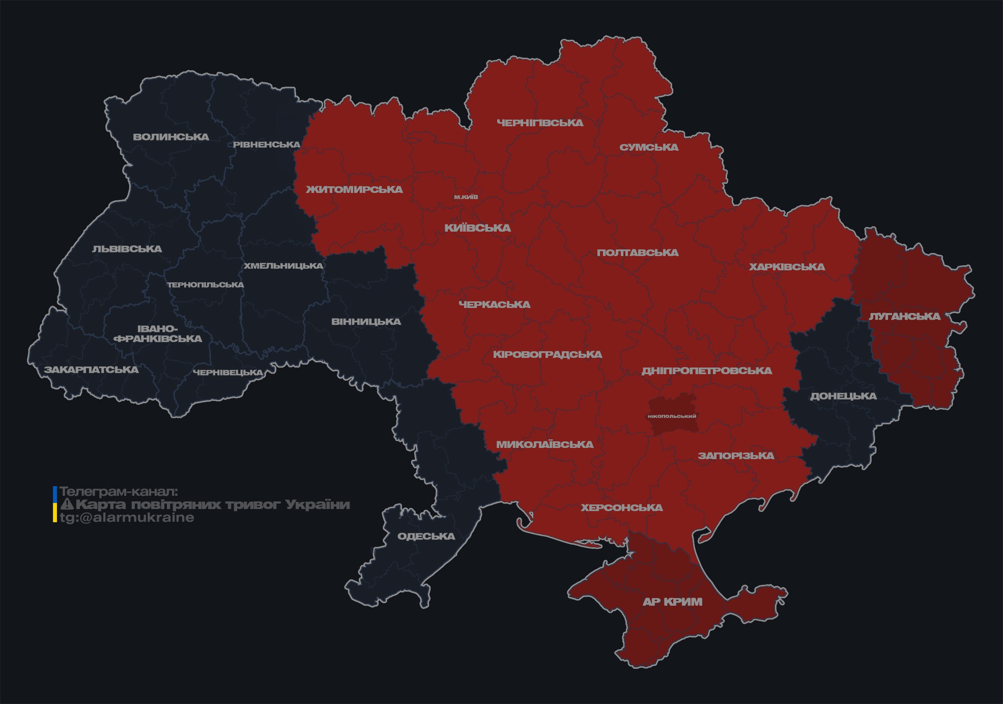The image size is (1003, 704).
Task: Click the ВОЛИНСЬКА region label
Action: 171,137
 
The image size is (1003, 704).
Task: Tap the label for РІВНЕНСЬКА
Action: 267,145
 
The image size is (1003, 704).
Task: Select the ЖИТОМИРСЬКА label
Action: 354,189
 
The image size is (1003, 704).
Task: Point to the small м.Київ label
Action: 466,197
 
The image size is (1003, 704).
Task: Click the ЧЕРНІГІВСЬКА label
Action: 540,123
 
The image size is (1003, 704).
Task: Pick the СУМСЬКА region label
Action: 649,147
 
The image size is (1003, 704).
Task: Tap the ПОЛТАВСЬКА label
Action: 638,252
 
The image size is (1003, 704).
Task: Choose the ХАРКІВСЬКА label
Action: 787,267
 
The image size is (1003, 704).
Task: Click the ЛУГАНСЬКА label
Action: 904,316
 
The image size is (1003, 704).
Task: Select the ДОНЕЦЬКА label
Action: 843,396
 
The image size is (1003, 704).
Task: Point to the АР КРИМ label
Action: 672,602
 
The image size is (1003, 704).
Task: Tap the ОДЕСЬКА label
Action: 426,536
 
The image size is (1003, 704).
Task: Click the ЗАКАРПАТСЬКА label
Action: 91,370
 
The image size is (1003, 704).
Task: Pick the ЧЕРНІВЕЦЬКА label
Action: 228,373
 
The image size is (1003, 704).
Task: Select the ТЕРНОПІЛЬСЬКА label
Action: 206,285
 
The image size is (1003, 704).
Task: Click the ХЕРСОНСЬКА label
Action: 622,508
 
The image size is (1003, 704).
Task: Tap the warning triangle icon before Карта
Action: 67,504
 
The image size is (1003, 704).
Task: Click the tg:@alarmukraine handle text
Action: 127,518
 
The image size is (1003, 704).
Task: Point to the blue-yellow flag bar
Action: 55,504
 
